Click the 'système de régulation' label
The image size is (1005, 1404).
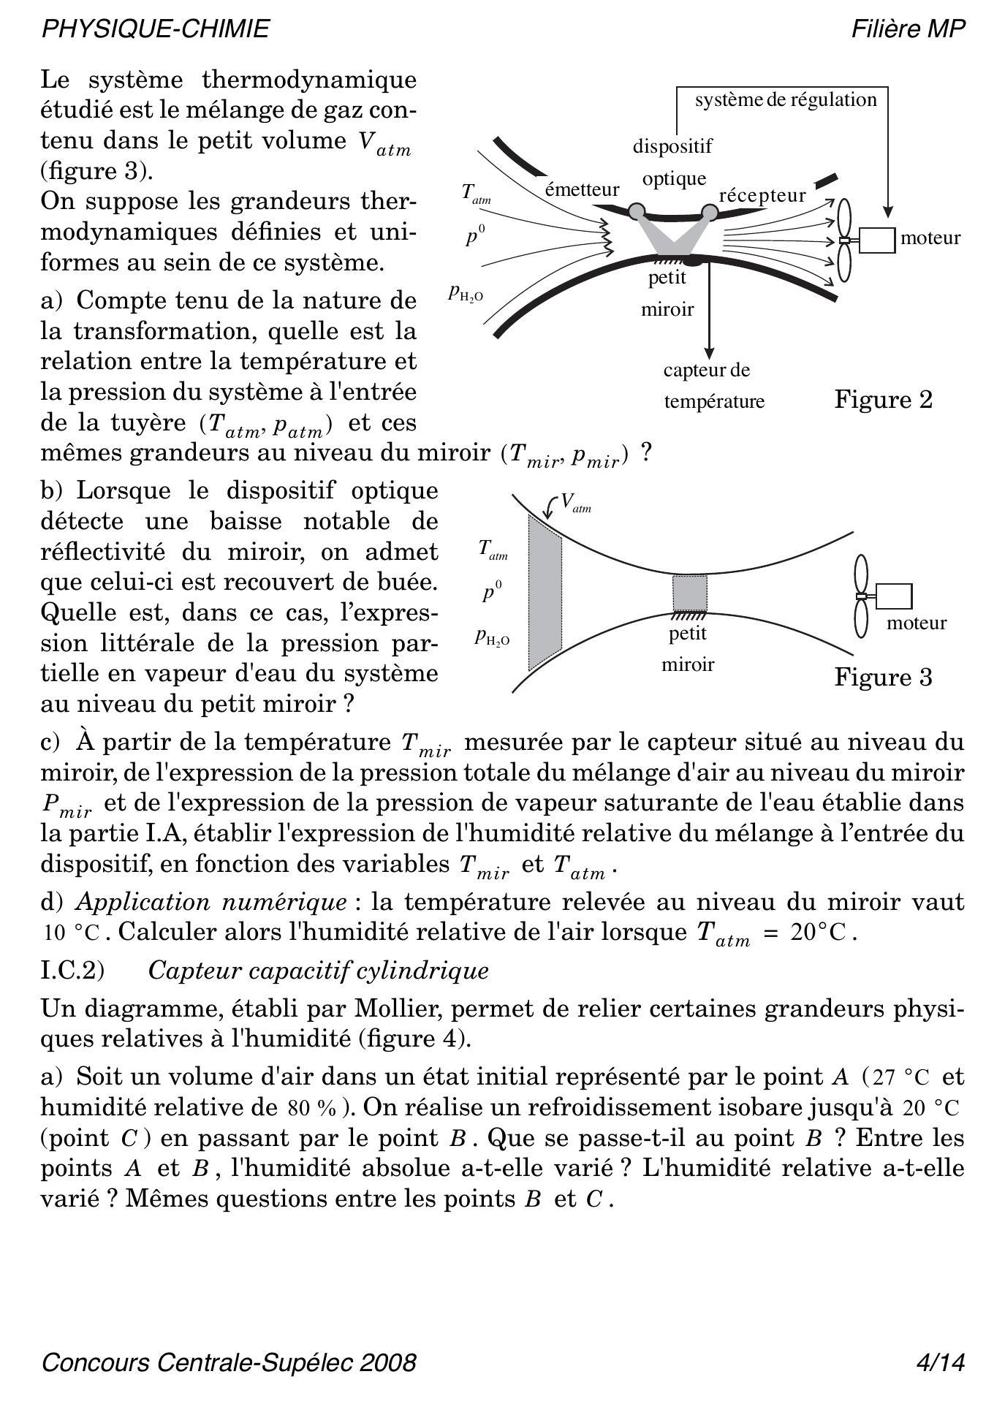[786, 99]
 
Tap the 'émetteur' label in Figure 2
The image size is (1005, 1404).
[582, 190]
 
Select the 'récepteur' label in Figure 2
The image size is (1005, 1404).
[762, 196]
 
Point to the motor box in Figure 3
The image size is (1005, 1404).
[892, 596]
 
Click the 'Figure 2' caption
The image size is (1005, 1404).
[883, 400]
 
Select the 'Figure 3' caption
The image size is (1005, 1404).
[883, 678]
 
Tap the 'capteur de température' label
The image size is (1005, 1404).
[713, 386]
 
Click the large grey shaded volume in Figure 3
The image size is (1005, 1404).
[545, 592]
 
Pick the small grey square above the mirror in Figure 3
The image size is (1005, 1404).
[690, 593]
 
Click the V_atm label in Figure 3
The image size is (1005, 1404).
[574, 503]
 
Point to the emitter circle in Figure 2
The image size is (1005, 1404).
[637, 211]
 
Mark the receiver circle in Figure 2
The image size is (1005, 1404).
[710, 212]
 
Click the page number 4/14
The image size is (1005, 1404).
[941, 1362]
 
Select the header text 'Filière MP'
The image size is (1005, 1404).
[909, 29]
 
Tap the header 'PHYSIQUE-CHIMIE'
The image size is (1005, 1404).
[156, 29]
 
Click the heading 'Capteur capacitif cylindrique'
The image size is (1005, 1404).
[318, 971]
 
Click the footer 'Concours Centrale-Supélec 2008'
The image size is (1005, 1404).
[229, 1362]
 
